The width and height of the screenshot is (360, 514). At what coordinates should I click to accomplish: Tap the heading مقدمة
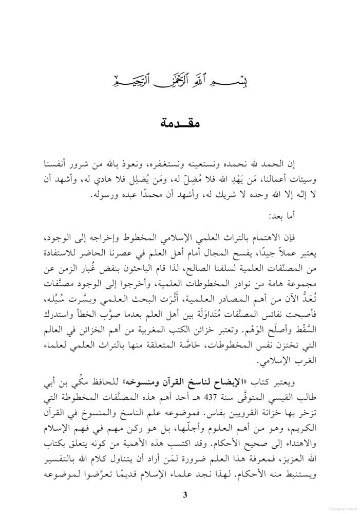[x=180, y=124]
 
